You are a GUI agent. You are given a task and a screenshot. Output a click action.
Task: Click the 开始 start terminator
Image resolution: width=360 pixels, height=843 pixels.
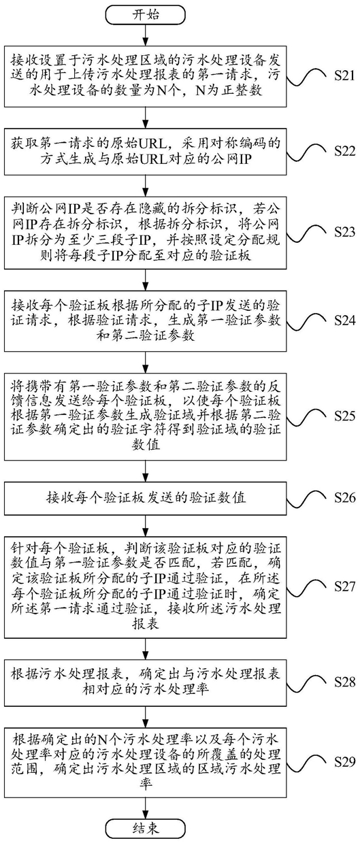point(146,16)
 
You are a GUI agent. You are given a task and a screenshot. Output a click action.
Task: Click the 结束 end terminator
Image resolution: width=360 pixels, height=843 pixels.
point(146,828)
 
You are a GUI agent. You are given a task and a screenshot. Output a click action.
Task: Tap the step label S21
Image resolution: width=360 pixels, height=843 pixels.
point(344,76)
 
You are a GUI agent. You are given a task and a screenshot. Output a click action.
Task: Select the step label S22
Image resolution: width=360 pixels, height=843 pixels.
point(344,151)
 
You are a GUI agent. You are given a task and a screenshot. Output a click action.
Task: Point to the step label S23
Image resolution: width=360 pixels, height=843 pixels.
point(344,232)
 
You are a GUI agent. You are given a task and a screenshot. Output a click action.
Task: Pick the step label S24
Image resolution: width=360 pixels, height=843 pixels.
point(344,320)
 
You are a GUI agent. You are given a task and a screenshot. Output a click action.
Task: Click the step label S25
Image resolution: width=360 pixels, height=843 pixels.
point(344,416)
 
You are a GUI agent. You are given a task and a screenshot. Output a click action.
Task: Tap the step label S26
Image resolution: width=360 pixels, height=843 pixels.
point(344,498)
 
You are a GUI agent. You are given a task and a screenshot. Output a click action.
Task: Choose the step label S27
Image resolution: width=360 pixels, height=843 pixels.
point(344,586)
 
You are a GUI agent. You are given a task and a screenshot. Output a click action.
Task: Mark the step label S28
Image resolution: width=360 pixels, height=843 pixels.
point(344,682)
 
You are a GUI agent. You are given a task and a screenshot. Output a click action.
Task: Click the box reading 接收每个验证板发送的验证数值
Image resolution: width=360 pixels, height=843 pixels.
point(146,497)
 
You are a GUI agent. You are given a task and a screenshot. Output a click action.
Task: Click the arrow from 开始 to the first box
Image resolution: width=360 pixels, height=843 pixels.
point(146,35)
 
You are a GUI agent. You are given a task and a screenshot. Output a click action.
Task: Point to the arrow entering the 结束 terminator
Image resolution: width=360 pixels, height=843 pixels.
point(146,809)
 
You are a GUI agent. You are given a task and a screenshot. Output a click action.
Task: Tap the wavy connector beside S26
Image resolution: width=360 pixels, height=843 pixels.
point(306,498)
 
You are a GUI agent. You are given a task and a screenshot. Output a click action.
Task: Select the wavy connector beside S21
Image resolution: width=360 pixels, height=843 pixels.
point(306,76)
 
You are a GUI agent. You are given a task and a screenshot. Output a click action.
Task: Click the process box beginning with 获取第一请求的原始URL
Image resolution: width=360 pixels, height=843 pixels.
point(146,151)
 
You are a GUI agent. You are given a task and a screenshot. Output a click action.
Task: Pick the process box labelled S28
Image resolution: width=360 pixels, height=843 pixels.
point(146,682)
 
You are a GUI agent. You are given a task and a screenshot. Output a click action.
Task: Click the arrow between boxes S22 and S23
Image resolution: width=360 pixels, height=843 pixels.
point(146,186)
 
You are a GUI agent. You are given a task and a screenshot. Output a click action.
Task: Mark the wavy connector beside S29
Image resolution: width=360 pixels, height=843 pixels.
point(306,762)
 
